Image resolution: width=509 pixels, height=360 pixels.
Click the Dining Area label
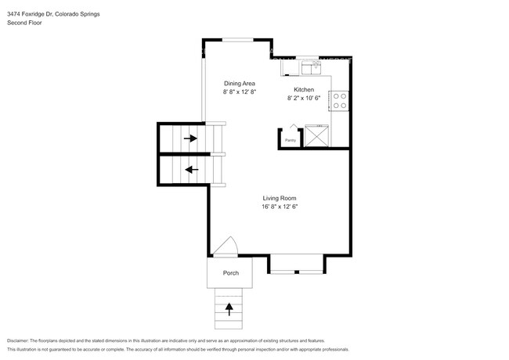(240, 83)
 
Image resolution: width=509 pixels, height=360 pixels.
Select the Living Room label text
(280, 198)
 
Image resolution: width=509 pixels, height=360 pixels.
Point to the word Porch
(231, 273)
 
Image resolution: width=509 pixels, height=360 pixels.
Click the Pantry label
(291, 141)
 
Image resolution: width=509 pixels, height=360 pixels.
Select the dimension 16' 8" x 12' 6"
(280, 207)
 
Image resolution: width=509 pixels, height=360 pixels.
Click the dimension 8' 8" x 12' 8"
(240, 92)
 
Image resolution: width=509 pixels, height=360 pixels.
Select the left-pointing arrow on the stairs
(190, 169)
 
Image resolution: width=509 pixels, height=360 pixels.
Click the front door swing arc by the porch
(227, 247)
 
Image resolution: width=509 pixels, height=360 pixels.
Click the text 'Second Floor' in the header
(24, 23)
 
